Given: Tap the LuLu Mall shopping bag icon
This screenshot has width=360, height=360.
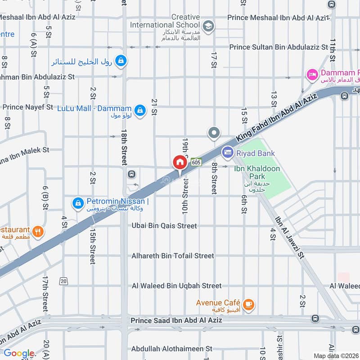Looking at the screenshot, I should [140, 110].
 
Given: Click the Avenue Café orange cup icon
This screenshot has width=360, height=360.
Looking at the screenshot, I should [248, 305].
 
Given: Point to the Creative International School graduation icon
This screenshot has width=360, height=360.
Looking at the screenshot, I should [208, 26].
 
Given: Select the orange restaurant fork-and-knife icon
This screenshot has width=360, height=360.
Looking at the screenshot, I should [38, 232].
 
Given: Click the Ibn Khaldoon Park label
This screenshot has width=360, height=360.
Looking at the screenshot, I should [257, 173].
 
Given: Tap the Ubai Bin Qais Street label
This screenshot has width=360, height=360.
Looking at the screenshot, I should [164, 226].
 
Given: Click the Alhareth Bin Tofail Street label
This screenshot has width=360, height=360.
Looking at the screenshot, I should [173, 256].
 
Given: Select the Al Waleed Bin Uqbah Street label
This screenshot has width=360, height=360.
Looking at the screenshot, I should [176, 285].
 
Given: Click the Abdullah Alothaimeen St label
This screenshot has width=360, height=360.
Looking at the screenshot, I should [171, 349].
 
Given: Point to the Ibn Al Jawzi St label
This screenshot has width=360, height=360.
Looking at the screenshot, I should [290, 237].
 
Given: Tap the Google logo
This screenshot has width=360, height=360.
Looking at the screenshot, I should [19, 354].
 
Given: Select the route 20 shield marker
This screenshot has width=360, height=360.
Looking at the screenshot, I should [63, 281].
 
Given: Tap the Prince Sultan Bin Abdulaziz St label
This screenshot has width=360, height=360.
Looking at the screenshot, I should [279, 47].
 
